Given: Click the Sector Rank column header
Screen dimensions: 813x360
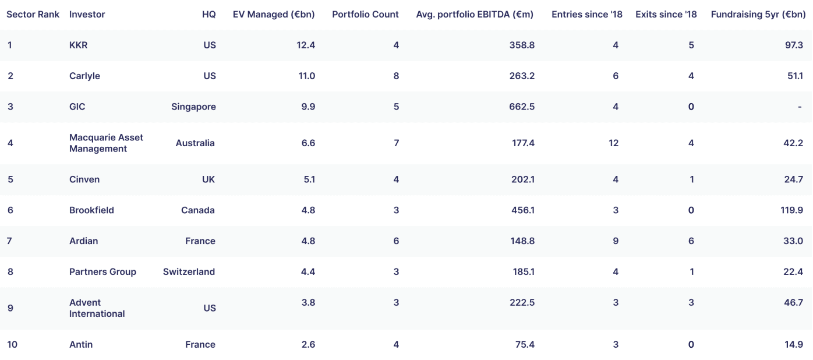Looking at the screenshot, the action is click(x=33, y=14).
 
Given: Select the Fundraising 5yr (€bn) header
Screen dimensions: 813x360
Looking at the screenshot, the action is click(x=758, y=15).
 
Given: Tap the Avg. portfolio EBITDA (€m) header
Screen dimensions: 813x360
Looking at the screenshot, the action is click(x=475, y=15).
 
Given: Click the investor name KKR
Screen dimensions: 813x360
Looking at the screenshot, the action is click(x=79, y=45).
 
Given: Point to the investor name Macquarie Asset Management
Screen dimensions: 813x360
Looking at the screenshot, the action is click(x=106, y=143).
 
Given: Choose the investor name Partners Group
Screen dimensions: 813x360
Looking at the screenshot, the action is click(x=102, y=272).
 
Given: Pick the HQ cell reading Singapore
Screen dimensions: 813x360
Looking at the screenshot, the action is click(x=193, y=107).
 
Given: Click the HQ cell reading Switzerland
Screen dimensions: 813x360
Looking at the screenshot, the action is click(x=189, y=272).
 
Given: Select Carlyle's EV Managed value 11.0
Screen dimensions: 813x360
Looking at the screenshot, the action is click(x=307, y=76).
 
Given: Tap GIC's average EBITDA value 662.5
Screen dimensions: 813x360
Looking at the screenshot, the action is click(x=522, y=107).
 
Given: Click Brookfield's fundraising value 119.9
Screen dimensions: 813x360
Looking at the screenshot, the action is click(x=791, y=210).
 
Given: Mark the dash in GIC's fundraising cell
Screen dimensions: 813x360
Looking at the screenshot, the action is click(x=800, y=107).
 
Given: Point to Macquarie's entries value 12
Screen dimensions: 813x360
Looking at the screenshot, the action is click(x=613, y=143).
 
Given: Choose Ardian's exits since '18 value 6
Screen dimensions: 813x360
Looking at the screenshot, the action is click(x=691, y=241).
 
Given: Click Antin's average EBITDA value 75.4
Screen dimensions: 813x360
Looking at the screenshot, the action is click(x=525, y=344).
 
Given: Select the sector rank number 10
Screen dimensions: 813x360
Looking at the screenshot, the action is click(x=12, y=344).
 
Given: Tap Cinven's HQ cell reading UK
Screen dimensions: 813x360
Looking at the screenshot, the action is click(x=208, y=179).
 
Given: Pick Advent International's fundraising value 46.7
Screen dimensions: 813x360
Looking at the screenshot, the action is click(x=793, y=303).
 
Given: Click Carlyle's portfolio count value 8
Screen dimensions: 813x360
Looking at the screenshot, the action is click(x=396, y=76).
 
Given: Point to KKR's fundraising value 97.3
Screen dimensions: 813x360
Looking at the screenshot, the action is click(x=794, y=45).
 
